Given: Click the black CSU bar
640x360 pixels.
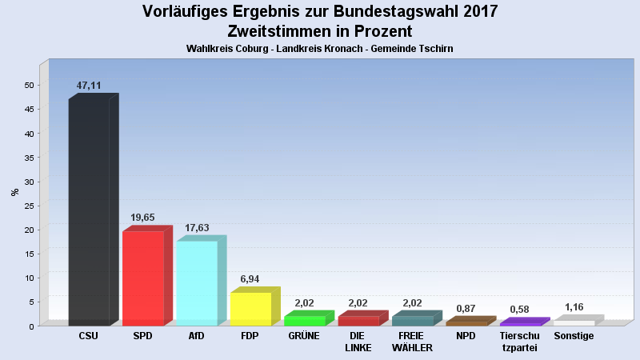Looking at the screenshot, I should (x=89, y=212).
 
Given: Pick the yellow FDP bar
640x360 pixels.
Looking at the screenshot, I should (x=250, y=309).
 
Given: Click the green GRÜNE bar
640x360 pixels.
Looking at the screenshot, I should (x=304, y=321).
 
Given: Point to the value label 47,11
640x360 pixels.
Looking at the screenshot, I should (x=89, y=85).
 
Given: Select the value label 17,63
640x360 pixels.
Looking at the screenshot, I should (x=196, y=227).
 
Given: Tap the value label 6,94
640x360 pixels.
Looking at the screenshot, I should (x=250, y=278).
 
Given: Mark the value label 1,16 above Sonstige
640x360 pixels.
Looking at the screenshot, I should (x=574, y=306).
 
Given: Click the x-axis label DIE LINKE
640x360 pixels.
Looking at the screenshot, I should (x=358, y=342).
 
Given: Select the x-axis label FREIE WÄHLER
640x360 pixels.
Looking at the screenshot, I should (x=412, y=342).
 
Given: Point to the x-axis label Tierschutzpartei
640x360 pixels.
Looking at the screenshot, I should (x=519, y=342).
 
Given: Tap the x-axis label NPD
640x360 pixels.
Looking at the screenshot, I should (x=466, y=336).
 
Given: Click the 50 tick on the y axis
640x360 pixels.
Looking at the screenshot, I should (x=29, y=86).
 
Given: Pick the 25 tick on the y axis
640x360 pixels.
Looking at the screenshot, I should (x=29, y=206).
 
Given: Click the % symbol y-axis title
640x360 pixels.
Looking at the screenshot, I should (x=14, y=192).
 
